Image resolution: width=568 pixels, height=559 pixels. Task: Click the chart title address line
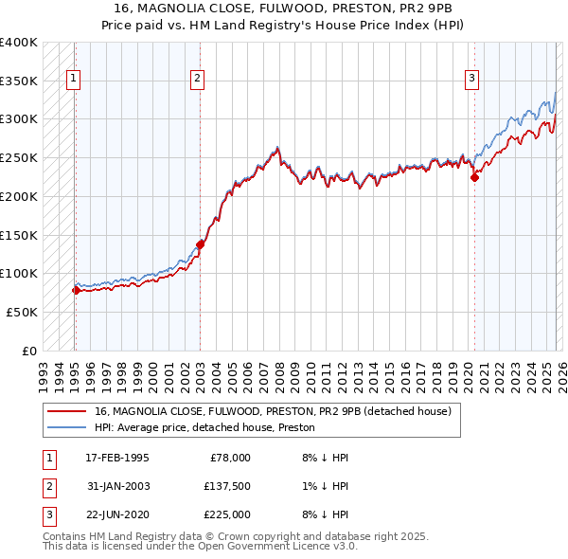283,10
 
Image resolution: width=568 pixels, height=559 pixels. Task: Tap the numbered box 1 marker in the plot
74,80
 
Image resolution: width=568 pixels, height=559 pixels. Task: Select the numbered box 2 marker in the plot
198,80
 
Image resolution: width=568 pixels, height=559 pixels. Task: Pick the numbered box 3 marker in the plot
472,80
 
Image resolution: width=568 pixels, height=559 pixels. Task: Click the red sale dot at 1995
76,290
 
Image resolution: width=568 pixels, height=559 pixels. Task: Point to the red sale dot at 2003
200,244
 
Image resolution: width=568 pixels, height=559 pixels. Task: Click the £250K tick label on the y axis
19,157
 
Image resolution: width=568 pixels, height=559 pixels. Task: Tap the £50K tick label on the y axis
22,312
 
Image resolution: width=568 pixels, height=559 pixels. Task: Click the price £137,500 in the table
226,486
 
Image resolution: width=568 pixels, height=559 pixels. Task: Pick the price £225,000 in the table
226,514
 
